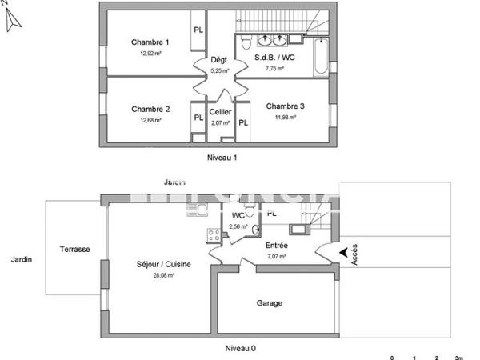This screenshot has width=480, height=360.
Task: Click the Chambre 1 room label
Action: click(150, 42)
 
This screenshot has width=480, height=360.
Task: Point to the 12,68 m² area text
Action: click(150, 121)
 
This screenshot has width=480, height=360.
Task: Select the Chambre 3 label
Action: click(285, 106)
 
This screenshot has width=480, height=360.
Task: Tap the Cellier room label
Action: click(220, 113)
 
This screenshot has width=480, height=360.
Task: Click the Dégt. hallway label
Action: click(219, 60)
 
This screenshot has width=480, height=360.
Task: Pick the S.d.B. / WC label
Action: click(274, 58)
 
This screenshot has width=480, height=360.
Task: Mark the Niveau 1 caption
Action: click(222, 158)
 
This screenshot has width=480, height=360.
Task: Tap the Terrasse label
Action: click(74, 249)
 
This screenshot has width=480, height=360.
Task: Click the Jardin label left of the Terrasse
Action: click(22, 259)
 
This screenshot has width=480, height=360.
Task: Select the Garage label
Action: click(269, 303)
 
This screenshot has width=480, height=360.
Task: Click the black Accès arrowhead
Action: click(343, 254)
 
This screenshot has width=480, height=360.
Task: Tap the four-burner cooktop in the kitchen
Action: click(214, 235)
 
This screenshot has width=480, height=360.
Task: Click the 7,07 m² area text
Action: click(275, 257)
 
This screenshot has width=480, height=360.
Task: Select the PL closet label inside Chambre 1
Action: click(198, 30)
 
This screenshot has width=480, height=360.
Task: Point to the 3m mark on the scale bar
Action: click(458, 358)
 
